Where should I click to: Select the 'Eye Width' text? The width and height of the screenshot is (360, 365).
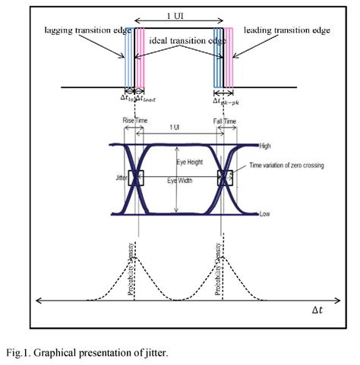tap(180, 180)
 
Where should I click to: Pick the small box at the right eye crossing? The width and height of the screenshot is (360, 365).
tap(226, 178)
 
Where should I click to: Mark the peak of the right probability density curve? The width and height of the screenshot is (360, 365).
tap(223, 256)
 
